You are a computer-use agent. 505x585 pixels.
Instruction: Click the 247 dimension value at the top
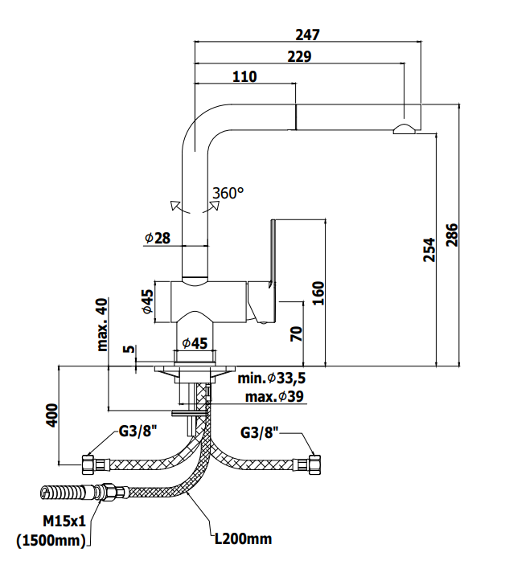click(307, 35)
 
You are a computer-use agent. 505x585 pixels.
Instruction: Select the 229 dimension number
click(299, 56)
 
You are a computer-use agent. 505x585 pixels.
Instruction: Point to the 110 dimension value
click(244, 76)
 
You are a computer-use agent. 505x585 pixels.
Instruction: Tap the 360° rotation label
click(228, 193)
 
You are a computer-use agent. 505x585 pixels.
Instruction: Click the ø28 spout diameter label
click(158, 238)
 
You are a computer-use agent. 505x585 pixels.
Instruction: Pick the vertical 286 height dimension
click(452, 235)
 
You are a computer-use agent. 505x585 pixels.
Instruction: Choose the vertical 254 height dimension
click(429, 250)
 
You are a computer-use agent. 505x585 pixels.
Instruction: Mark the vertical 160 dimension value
click(318, 293)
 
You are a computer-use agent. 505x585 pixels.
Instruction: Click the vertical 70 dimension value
click(296, 334)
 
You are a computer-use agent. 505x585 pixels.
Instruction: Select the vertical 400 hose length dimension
click(52, 415)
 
